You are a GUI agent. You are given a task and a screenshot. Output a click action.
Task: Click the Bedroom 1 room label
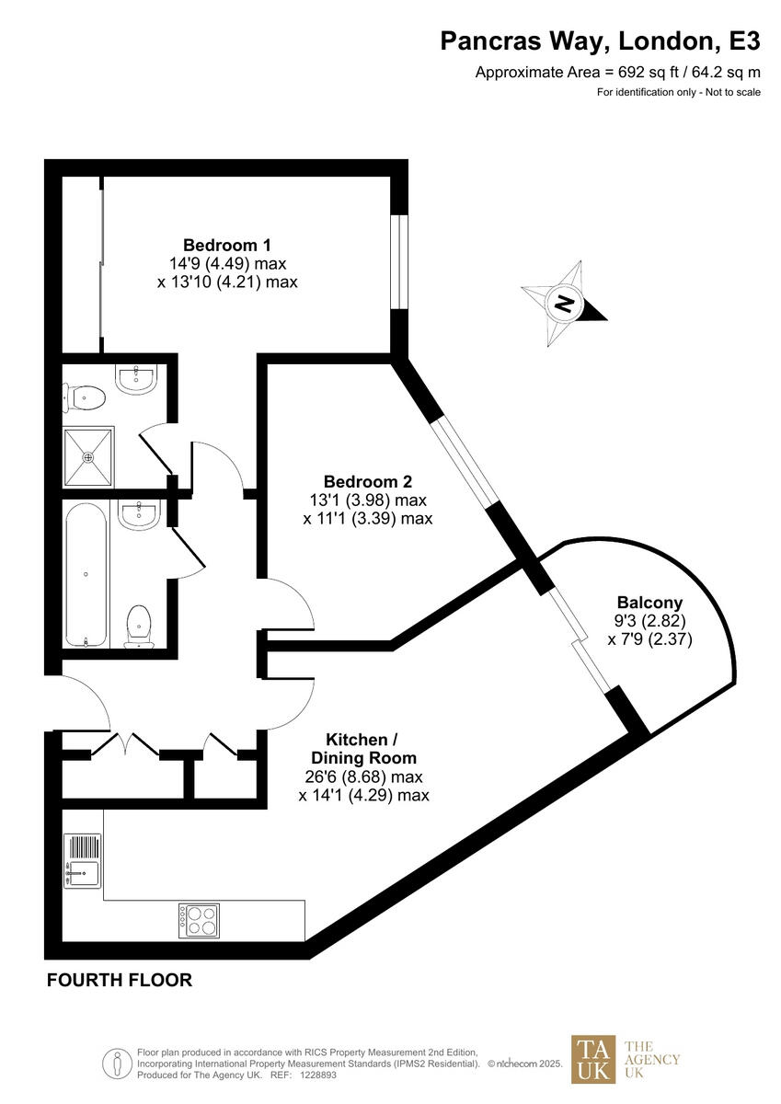click(x=227, y=246)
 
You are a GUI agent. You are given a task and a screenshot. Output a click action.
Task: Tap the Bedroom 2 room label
click(x=367, y=481)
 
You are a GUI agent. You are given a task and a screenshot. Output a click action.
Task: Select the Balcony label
click(x=649, y=603)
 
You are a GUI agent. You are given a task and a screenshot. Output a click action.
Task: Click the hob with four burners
click(x=200, y=920)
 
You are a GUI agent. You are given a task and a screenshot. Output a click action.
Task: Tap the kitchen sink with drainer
click(x=83, y=861)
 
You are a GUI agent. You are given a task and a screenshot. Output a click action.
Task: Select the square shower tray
click(x=88, y=456)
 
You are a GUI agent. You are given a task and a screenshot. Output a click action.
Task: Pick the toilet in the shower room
click(x=85, y=397)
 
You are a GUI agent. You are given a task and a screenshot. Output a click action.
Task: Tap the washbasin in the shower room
click(x=139, y=377)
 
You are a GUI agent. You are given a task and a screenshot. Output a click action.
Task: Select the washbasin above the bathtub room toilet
click(x=140, y=514)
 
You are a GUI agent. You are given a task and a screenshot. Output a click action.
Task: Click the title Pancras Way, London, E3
click(x=601, y=41)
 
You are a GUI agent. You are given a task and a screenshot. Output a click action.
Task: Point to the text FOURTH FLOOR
click(x=120, y=981)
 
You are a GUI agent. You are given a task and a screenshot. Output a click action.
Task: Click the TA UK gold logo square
click(x=593, y=1059)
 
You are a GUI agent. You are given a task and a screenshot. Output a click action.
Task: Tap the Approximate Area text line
click(x=617, y=72)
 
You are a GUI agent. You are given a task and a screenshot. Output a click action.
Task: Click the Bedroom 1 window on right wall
click(x=398, y=262)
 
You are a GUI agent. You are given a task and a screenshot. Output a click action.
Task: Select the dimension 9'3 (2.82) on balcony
click(x=649, y=621)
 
